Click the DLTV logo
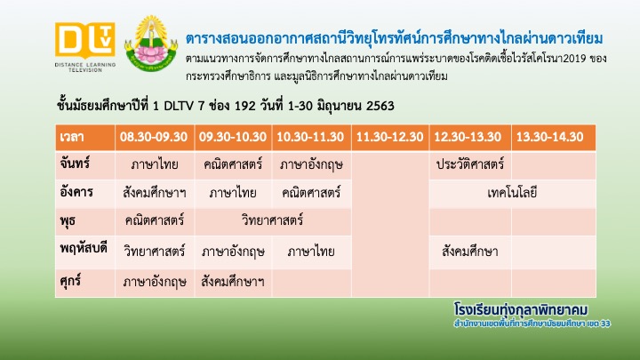coord(85,47)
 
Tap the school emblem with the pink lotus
coord(151,44)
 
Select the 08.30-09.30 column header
coord(154,137)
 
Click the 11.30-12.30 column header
coord(390,137)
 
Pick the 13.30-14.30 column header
coord(550,137)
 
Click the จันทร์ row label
coord(75,164)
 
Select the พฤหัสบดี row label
coord(84,249)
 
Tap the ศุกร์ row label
coord(70,281)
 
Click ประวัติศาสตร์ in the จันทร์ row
coord(470,164)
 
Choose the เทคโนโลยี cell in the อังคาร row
coord(512,193)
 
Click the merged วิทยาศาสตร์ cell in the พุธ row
coord(272,220)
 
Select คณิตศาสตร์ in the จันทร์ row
coord(233,164)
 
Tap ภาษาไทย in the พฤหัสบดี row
coord(311,252)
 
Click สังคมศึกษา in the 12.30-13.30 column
coord(470,252)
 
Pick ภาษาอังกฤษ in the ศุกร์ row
coord(155,282)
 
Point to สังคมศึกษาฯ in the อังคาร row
coord(155,193)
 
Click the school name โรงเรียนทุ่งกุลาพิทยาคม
coord(521,310)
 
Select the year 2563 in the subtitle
coord(380,106)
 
